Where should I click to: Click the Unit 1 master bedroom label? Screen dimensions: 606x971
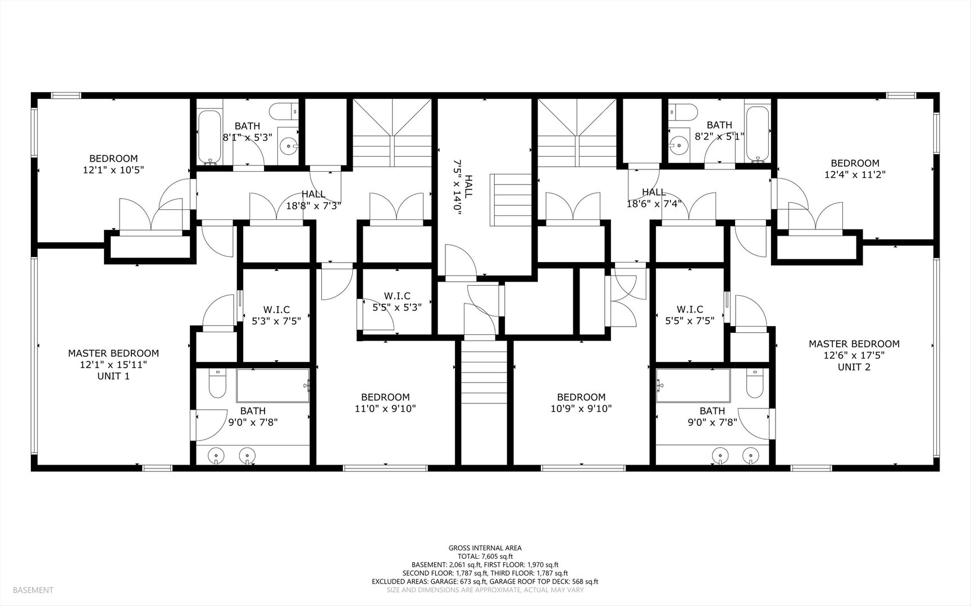[113, 365]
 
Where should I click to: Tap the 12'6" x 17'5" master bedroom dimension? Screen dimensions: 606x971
[854, 355]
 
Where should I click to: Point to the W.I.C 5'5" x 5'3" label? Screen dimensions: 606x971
[397, 301]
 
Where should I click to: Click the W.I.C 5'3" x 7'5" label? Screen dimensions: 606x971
[276, 315]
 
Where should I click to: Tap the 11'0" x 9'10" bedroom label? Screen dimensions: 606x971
[385, 403]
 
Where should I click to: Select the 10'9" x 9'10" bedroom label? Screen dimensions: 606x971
[581, 403]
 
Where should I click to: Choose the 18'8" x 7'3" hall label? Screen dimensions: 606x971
[313, 200]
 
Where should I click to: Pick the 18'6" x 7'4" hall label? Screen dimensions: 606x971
[654, 198]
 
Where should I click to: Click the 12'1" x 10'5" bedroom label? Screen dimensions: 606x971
[113, 164]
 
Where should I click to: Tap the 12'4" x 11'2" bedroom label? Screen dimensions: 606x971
[855, 169]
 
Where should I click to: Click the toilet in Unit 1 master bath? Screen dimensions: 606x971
[217, 383]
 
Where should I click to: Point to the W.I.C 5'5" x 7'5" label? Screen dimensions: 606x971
[690, 315]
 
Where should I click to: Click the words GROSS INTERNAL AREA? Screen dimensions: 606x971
[485, 548]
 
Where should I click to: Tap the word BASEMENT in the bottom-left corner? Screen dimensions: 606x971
[33, 590]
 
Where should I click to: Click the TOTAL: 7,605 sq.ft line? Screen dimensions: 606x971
[485, 556]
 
